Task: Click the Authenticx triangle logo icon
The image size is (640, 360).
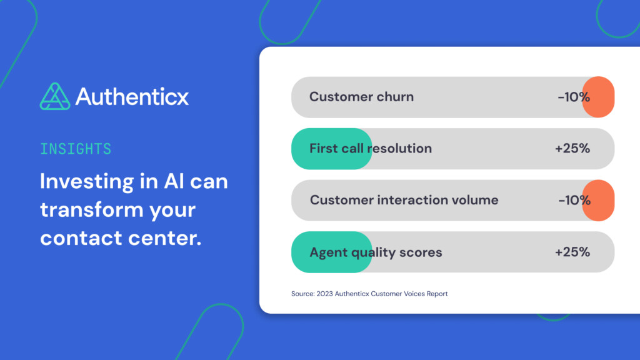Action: click(x=55, y=96)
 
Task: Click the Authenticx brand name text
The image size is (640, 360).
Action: click(x=132, y=96)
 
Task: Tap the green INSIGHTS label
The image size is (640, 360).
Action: click(x=76, y=149)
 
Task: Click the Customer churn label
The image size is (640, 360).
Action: click(x=361, y=97)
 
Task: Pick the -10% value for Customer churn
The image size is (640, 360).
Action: click(x=574, y=97)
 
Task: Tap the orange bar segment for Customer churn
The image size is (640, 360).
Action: click(x=599, y=97)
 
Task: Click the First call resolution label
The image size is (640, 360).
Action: click(x=370, y=149)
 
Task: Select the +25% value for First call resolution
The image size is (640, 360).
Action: click(x=572, y=149)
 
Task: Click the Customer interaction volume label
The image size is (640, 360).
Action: click(x=404, y=201)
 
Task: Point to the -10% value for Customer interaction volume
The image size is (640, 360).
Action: click(x=574, y=201)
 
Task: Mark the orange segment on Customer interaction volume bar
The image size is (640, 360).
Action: click(x=599, y=201)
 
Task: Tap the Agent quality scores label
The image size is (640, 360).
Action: click(x=376, y=252)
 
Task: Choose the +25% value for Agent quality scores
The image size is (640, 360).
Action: click(x=572, y=252)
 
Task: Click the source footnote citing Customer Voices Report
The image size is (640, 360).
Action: click(x=369, y=294)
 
